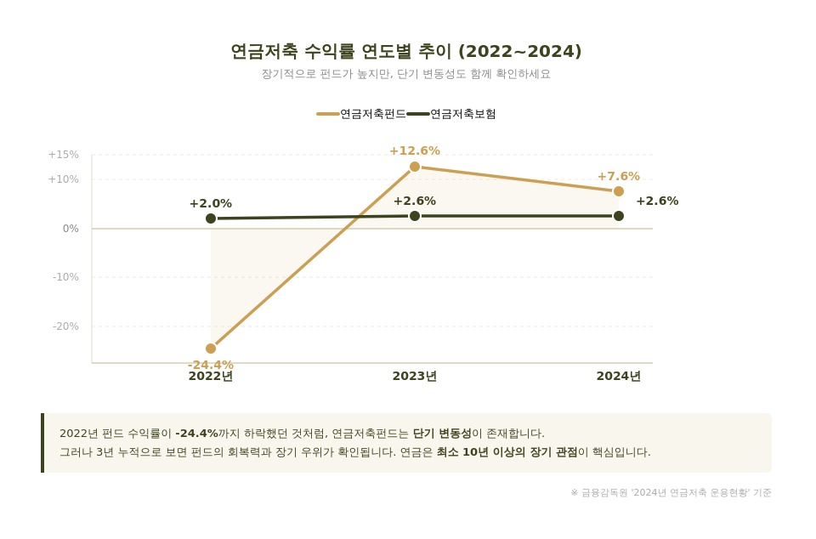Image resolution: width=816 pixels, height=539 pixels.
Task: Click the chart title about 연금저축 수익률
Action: pyautogui.click(x=406, y=52)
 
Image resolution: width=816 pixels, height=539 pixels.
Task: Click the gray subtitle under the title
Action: pyautogui.click(x=406, y=74)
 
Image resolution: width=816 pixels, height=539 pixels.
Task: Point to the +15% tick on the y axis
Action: pyautogui.click(x=64, y=155)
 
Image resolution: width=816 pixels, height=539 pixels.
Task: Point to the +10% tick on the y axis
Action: pyautogui.click(x=64, y=179)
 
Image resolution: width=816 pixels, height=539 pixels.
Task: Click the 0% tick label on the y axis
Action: pyautogui.click(x=71, y=229)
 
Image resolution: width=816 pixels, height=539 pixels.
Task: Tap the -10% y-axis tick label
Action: pyautogui.click(x=65, y=277)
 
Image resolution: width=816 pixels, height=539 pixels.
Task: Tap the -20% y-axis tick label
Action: pyautogui.click(x=65, y=326)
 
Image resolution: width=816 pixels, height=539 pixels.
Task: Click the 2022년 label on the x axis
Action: pyautogui.click(x=211, y=377)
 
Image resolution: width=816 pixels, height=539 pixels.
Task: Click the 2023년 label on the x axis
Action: pyautogui.click(x=415, y=377)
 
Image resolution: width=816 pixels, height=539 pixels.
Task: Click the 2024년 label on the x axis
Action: pyautogui.click(x=619, y=377)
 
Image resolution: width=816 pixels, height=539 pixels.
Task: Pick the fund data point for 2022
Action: pyautogui.click(x=211, y=349)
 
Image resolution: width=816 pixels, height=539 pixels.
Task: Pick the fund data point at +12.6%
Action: pyautogui.click(x=415, y=167)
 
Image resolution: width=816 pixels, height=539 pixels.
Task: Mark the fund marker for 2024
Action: pyautogui.click(x=619, y=191)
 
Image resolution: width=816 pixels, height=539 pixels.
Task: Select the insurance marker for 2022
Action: pyautogui.click(x=211, y=218)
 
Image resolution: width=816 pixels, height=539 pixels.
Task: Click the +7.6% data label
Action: pyautogui.click(x=619, y=177)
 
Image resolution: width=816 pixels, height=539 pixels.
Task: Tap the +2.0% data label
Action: pyautogui.click(x=211, y=204)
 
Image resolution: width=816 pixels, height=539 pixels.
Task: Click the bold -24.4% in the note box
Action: pyautogui.click(x=196, y=434)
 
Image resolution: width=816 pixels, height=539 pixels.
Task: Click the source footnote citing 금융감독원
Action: pyautogui.click(x=671, y=493)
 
